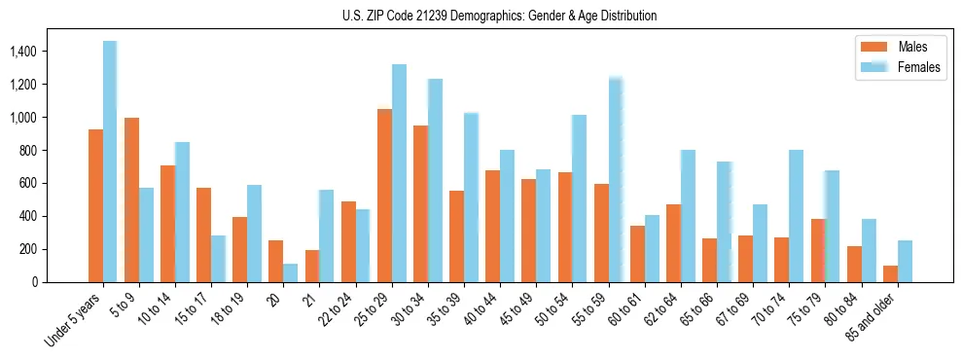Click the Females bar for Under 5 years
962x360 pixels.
[110, 162]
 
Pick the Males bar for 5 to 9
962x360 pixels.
[131, 199]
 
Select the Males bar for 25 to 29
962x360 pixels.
[384, 196]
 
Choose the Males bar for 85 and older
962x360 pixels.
[890, 273]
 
